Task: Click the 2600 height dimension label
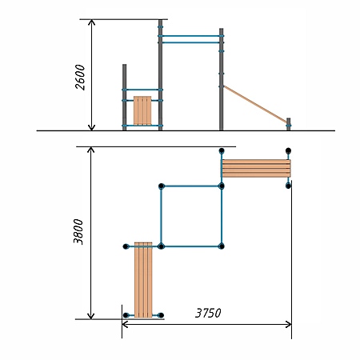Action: (80, 77)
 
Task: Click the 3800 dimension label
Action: (78, 231)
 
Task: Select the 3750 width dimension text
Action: (208, 313)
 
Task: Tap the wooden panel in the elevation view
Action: (142, 110)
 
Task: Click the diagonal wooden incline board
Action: (255, 104)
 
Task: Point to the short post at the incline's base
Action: (288, 124)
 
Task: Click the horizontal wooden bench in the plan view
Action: (256, 168)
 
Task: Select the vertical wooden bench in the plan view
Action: (143, 280)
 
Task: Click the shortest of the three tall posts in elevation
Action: (124, 97)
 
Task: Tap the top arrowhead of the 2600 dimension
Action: (91, 22)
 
